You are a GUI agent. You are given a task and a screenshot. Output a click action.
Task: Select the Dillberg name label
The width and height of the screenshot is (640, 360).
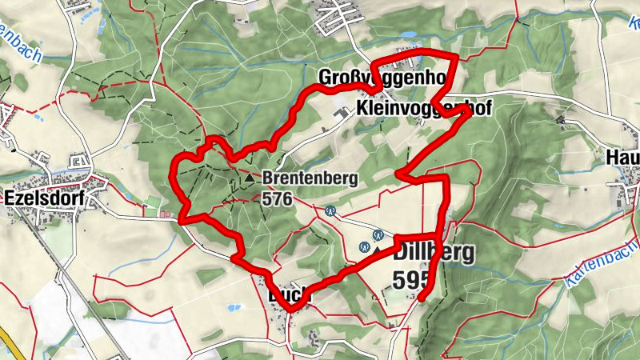(x=434, y=253)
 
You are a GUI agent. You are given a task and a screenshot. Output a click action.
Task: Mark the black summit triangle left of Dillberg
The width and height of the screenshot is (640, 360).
(x=377, y=250)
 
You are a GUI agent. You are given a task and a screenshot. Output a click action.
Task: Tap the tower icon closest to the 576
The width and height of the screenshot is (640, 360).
(x=330, y=211)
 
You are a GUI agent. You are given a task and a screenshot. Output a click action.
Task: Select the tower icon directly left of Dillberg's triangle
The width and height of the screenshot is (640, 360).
(x=365, y=247)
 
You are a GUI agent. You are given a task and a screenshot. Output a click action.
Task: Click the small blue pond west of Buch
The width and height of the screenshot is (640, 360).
(x=231, y=307)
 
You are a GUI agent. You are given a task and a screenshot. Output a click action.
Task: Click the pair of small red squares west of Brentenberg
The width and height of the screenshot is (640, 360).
(x=165, y=214)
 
